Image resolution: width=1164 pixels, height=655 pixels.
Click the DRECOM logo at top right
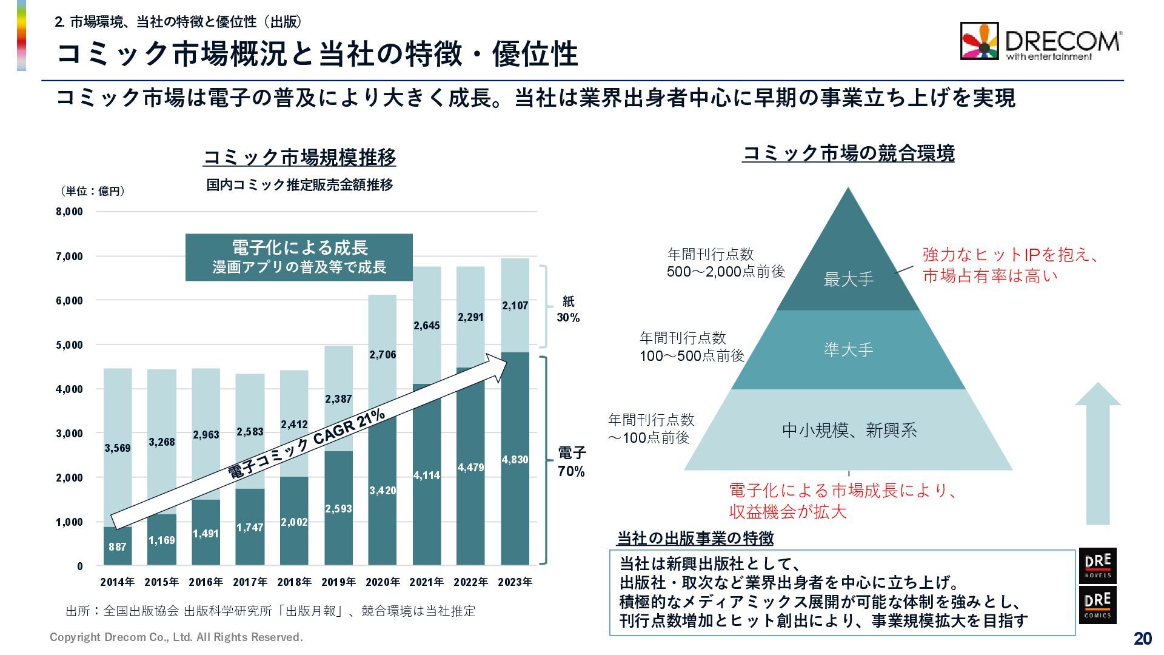coord(1040,41)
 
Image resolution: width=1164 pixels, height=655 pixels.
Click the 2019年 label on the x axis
coord(338,582)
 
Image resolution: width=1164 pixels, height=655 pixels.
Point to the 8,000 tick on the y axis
coord(69,212)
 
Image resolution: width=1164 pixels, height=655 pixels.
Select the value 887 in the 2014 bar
coord(118,547)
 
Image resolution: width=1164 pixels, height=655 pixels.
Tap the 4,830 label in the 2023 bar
coord(515,460)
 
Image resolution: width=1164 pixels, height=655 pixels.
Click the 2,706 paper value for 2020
coord(383,355)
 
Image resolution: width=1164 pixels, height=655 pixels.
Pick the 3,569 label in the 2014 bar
coord(118,448)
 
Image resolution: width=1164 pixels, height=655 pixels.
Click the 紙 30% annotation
coord(568,309)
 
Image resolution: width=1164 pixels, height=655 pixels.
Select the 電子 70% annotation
coord(571,462)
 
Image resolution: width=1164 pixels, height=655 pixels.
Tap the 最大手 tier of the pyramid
coord(848,280)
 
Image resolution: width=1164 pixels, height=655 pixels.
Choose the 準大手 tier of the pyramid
coord(848,350)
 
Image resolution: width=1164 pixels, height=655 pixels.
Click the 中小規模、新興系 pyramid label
coord(849,431)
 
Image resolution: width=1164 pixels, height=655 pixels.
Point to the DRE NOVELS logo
coord(1097,565)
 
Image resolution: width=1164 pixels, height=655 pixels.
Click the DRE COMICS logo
coord(1097,605)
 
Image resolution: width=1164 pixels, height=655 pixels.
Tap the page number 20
coord(1142,638)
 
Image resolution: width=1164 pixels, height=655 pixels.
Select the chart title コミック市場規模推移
coord(299,158)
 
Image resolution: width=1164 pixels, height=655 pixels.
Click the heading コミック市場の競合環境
coord(848,153)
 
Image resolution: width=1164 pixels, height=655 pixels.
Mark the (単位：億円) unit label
coord(93,191)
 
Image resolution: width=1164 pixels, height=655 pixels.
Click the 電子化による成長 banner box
coord(299,257)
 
